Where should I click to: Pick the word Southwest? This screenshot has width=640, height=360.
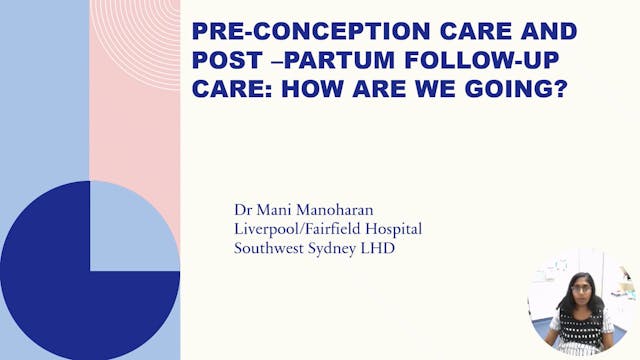267,248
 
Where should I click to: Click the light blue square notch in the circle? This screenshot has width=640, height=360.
135,226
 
